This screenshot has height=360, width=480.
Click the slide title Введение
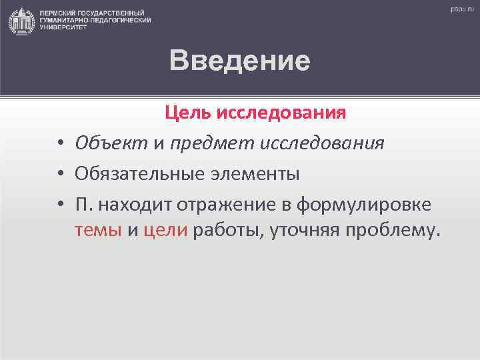[239, 61]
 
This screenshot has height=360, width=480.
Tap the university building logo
[21, 21]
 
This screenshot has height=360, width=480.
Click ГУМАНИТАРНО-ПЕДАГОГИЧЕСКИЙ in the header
[95, 21]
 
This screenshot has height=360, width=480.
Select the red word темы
[98, 231]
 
